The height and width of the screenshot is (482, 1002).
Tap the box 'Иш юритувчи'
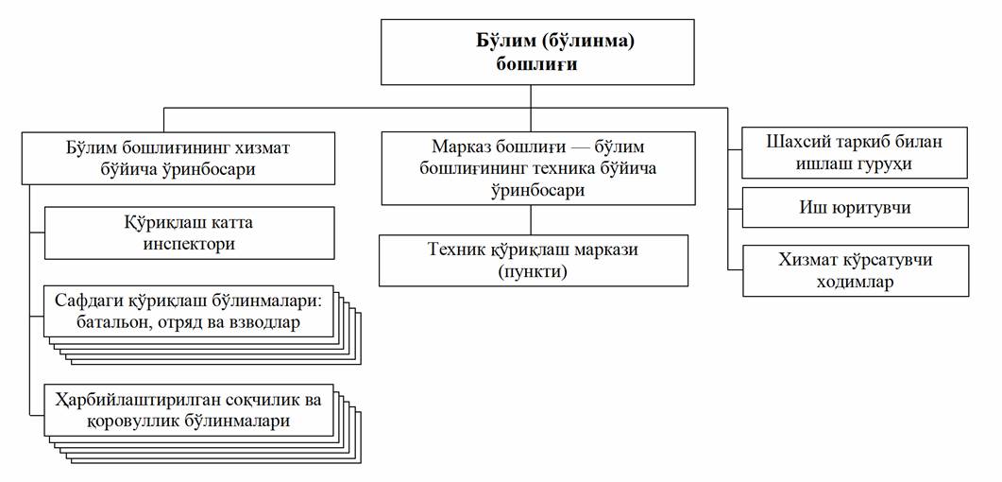pos(854,208)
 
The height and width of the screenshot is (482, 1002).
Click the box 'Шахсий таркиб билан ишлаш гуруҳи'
pos(854,153)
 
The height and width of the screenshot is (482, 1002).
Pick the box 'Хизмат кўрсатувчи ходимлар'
pos(854,270)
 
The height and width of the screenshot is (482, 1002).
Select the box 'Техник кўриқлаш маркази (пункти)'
pos(534,261)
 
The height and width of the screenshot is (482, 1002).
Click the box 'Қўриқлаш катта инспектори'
pos(190,233)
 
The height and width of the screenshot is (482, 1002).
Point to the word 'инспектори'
pos(190,244)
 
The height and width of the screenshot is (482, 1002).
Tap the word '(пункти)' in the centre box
pos(534,271)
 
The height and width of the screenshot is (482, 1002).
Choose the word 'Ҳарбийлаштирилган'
pos(143,401)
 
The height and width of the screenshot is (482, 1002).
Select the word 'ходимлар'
pos(854,282)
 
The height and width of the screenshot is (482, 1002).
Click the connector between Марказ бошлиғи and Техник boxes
pos(531,220)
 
